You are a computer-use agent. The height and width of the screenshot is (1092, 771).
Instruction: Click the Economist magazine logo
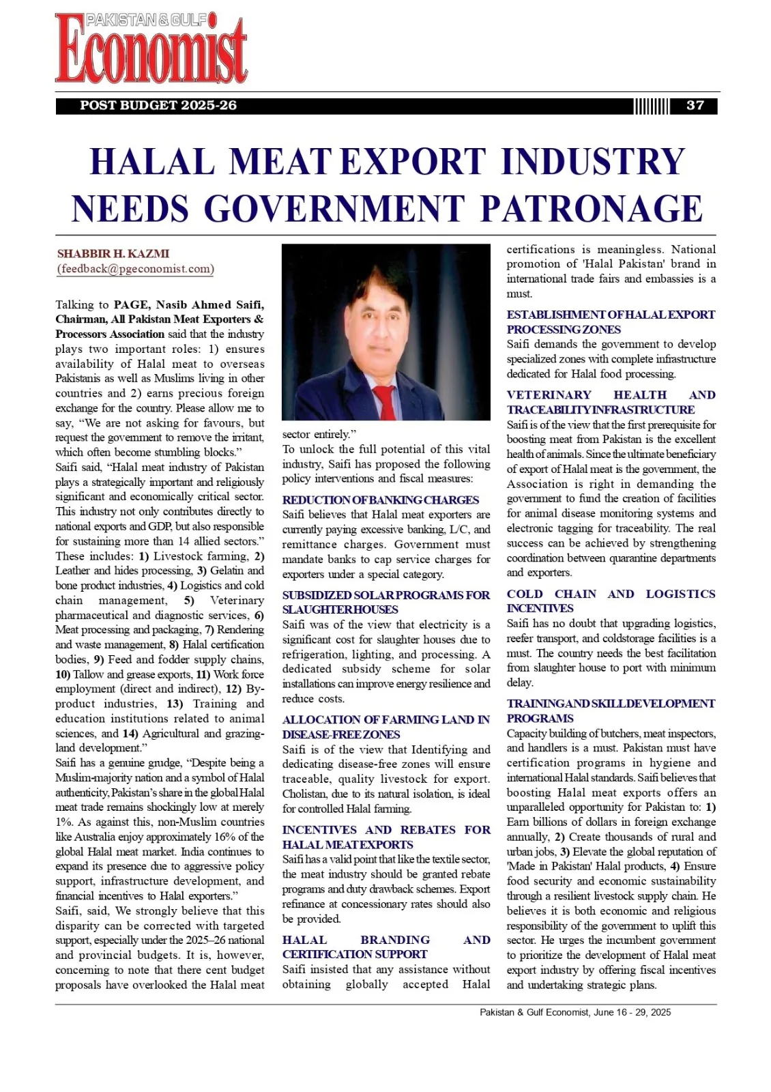tap(151, 49)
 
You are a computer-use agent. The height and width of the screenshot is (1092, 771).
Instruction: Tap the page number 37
tap(695, 106)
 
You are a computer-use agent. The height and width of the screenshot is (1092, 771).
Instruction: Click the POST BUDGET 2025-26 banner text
tap(158, 106)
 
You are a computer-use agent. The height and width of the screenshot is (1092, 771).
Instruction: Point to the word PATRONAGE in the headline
tap(592, 209)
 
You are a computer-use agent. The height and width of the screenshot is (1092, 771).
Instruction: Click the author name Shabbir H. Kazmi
tap(113, 254)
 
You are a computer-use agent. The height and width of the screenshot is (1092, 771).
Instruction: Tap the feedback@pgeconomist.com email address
tap(135, 269)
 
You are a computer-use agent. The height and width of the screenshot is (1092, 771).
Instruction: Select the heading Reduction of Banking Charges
tap(381, 500)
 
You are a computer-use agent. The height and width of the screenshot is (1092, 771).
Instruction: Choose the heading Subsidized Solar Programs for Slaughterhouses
tap(385, 602)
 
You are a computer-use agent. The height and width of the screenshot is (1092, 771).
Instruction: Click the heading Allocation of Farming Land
tap(385, 727)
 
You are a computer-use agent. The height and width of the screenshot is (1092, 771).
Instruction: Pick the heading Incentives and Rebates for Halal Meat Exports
tap(385, 837)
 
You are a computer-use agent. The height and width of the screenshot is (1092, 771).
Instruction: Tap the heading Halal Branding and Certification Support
tap(385, 947)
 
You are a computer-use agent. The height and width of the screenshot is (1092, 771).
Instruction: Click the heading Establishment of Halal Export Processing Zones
tap(611, 322)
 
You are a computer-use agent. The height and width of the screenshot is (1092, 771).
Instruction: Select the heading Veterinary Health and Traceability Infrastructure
tap(611, 402)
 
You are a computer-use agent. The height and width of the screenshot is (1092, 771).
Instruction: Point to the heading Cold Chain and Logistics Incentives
tap(611, 601)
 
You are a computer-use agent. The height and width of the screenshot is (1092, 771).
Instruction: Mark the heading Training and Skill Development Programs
tap(611, 710)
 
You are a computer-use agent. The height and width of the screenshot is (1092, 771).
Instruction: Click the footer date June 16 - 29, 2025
tap(632, 1012)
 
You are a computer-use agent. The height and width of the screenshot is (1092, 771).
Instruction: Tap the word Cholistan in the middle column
tap(305, 794)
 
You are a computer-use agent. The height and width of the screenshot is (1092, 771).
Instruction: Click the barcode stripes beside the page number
tap(651, 106)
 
